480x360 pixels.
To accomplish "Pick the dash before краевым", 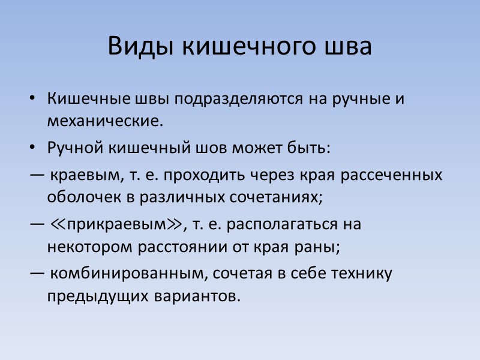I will (x=35, y=175).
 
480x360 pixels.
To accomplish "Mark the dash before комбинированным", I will (x=35, y=274).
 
